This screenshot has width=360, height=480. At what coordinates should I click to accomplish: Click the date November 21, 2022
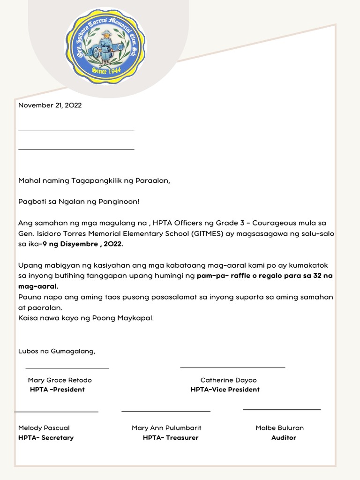pyautogui.click(x=50, y=105)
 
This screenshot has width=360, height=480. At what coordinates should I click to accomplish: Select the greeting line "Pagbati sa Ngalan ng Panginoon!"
pyautogui.click(x=79, y=202)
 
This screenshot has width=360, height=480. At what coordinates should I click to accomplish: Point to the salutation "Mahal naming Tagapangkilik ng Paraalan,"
pyautogui.click(x=94, y=180)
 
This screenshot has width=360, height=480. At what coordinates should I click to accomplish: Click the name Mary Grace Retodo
pyautogui.click(x=60, y=380)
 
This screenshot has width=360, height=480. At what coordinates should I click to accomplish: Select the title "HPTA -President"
pyautogui.click(x=57, y=390)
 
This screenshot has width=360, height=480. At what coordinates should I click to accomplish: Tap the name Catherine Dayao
pyautogui.click(x=228, y=380)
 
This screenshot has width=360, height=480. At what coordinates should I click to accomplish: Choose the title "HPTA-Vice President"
pyautogui.click(x=225, y=390)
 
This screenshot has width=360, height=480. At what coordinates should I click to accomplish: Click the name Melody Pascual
pyautogui.click(x=44, y=428)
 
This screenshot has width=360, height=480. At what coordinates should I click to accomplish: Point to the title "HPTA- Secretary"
pyautogui.click(x=46, y=438)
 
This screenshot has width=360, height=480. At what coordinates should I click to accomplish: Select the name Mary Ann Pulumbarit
pyautogui.click(x=166, y=428)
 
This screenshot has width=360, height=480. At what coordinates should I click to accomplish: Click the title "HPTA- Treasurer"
pyautogui.click(x=171, y=438)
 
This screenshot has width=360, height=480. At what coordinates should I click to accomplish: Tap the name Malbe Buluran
pyautogui.click(x=279, y=428)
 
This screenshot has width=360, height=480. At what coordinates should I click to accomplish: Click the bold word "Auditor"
pyautogui.click(x=284, y=438)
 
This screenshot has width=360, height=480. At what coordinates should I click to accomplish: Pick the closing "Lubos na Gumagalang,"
pyautogui.click(x=56, y=351)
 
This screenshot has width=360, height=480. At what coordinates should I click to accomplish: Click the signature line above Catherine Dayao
pyautogui.click(x=232, y=368)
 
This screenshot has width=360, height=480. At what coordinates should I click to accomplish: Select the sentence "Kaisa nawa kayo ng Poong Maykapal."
pyautogui.click(x=86, y=318)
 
